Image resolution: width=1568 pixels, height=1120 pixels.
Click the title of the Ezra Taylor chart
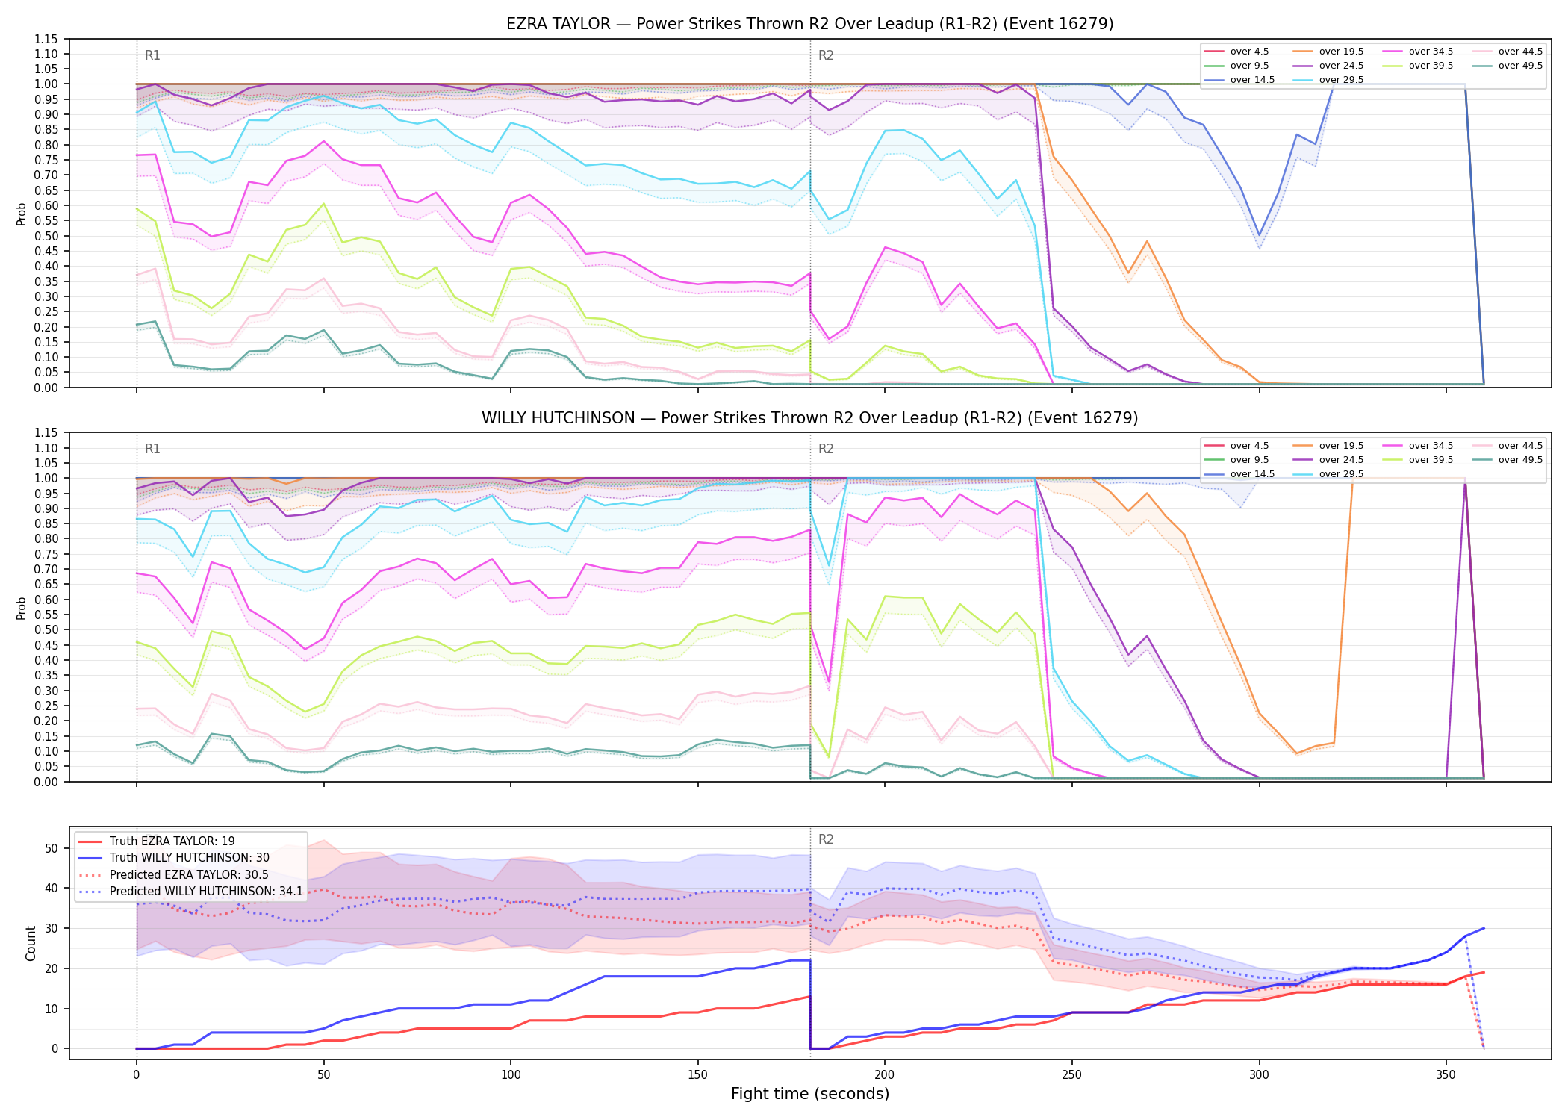[x=809, y=24]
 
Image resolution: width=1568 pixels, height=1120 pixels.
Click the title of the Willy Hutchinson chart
[x=809, y=418]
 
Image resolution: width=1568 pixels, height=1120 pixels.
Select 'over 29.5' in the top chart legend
[x=1341, y=80]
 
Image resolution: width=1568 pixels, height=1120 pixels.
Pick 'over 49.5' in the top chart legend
[x=1520, y=66]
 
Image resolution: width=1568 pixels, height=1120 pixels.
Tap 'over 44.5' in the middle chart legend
[x=1520, y=446]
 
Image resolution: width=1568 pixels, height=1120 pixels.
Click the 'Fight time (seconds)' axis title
[x=810, y=1094]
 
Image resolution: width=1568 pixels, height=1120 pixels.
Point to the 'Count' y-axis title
[x=31, y=943]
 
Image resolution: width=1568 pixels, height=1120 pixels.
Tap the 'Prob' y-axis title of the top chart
[x=22, y=214]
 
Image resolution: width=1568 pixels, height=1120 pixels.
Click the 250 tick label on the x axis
[x=1072, y=1075]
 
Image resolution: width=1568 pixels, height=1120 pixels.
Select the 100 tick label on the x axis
[x=511, y=1075]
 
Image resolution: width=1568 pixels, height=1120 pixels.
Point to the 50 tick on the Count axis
[x=52, y=848]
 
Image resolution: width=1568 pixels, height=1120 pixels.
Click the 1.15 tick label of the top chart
[x=46, y=39]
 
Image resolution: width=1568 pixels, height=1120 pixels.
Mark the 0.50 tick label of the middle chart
[x=46, y=630]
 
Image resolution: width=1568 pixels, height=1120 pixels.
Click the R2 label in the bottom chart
[x=826, y=839]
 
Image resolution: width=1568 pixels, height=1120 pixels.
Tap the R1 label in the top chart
[x=152, y=55]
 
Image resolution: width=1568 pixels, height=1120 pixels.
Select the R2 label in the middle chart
[x=826, y=449]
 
